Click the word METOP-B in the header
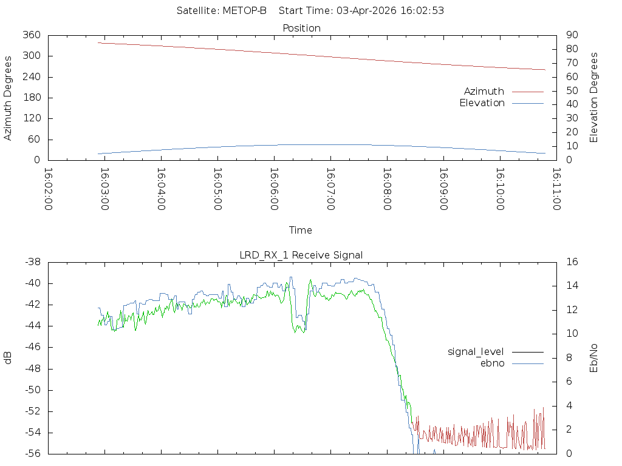pyautogui.click(x=244, y=11)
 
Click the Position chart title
pyautogui.click(x=301, y=28)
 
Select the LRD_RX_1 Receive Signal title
pyautogui.click(x=301, y=255)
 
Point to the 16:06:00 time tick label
pyautogui.click(x=274, y=189)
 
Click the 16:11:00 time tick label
pyautogui.click(x=556, y=189)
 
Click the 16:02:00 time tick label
pyautogui.click(x=48, y=189)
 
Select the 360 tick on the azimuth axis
pyautogui.click(x=32, y=35)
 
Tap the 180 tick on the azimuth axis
pyautogui.click(x=32, y=98)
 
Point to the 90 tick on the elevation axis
pyautogui.click(x=572, y=35)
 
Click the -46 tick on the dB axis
pyautogui.click(x=33, y=347)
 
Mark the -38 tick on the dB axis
pyautogui.click(x=33, y=262)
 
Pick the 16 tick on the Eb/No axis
pyautogui.click(x=572, y=262)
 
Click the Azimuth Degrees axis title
pyautogui.click(x=7, y=98)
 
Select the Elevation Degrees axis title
pyautogui.click(x=593, y=98)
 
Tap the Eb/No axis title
pyautogui.click(x=593, y=358)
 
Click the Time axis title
pyautogui.click(x=300, y=230)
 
